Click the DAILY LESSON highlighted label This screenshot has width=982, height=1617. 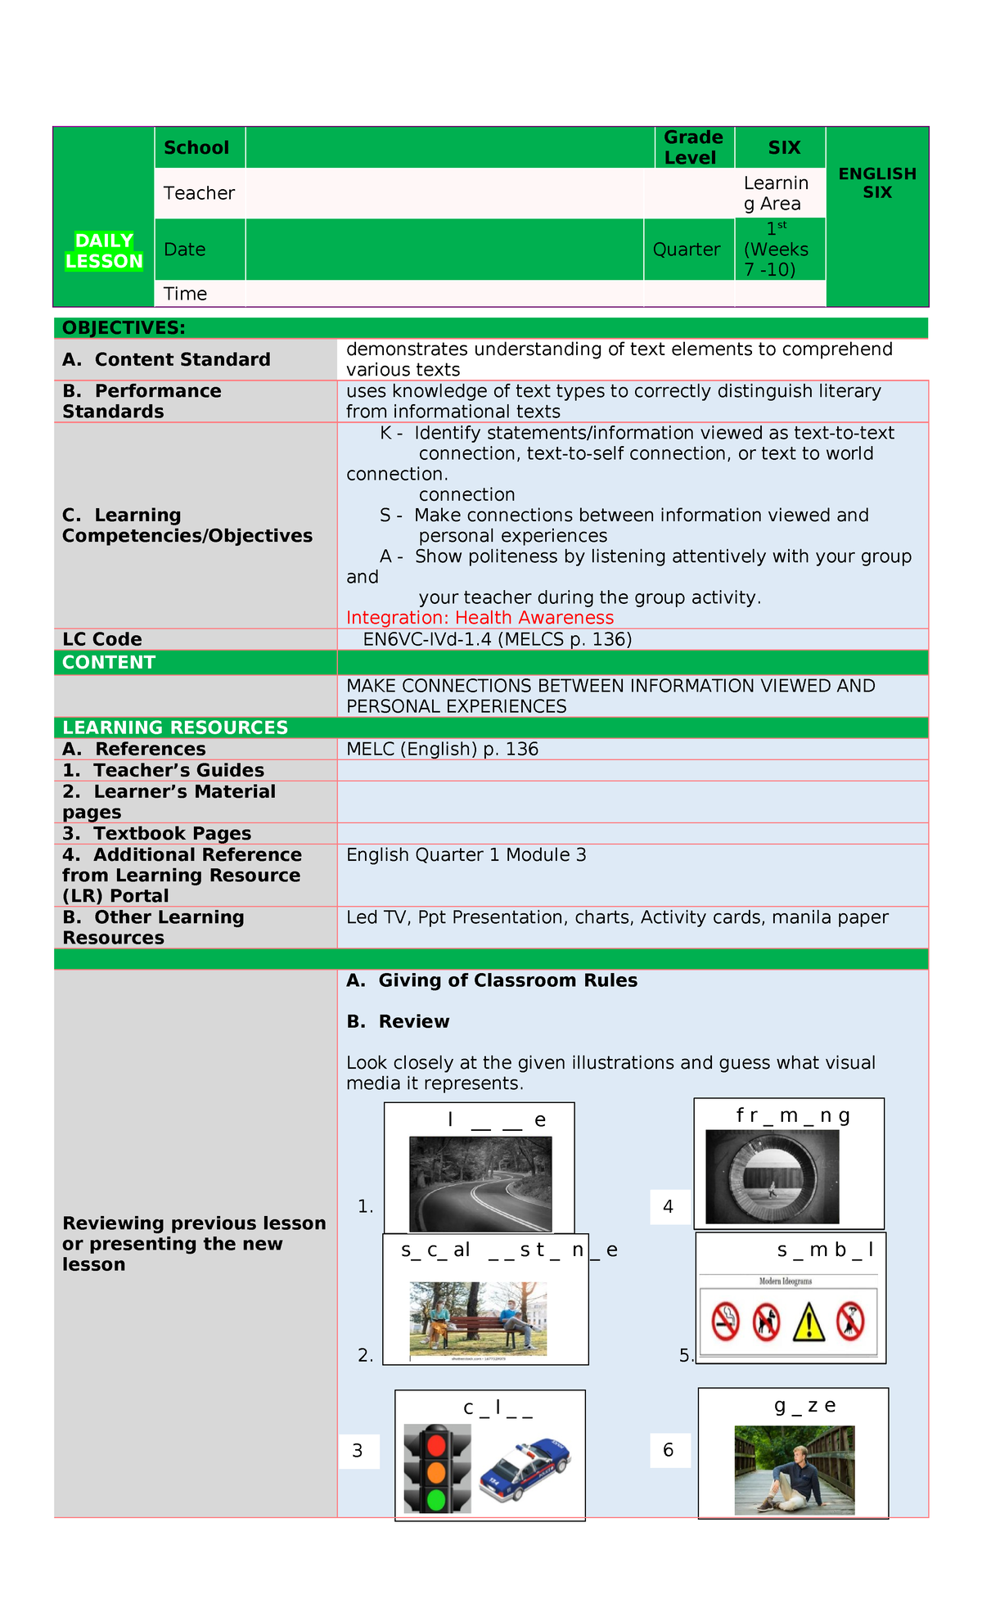104,250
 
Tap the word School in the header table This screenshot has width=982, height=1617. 196,148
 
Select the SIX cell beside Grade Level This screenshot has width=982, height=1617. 783,148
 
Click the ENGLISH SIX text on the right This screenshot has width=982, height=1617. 876,183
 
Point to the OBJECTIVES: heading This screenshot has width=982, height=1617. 124,328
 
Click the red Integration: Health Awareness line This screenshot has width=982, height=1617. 480,618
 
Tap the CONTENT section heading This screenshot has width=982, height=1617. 109,663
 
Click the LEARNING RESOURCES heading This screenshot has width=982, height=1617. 175,727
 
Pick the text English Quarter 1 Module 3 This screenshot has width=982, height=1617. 466,855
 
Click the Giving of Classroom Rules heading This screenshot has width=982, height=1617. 507,980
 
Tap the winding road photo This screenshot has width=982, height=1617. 480,1183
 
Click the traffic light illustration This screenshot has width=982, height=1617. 437,1469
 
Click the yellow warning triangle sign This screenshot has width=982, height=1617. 809,1322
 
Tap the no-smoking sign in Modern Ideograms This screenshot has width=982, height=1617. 725,1322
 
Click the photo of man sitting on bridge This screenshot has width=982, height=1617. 794,1471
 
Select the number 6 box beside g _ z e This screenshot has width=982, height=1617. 669,1451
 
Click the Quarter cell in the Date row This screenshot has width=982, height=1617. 687,250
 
